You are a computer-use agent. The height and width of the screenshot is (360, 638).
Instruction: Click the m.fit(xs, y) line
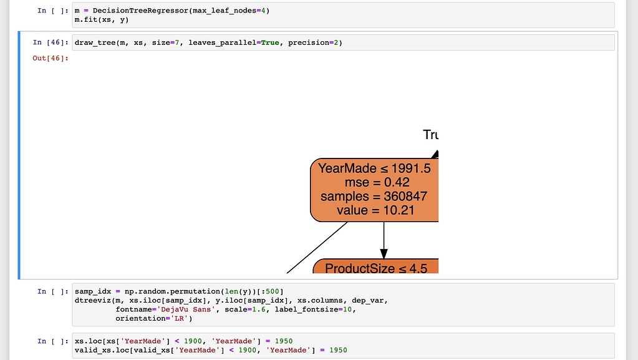pos(102,20)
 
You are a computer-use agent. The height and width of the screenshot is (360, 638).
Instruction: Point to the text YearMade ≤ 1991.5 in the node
pos(374,168)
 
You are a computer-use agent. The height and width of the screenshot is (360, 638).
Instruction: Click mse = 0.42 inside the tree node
pos(374,182)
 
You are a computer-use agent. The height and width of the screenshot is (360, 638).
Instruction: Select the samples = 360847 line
pos(374,197)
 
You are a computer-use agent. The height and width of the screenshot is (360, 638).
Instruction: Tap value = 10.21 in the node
pos(374,210)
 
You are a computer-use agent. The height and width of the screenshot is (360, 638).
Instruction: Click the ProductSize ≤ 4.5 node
pos(376,268)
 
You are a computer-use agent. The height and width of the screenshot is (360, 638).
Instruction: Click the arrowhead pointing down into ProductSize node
pos(384,253)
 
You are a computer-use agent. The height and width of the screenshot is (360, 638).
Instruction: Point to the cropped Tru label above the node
pos(430,135)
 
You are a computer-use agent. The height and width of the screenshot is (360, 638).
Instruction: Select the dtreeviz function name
pos(92,301)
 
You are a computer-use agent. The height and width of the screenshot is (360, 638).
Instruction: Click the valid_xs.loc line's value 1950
pos(337,350)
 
